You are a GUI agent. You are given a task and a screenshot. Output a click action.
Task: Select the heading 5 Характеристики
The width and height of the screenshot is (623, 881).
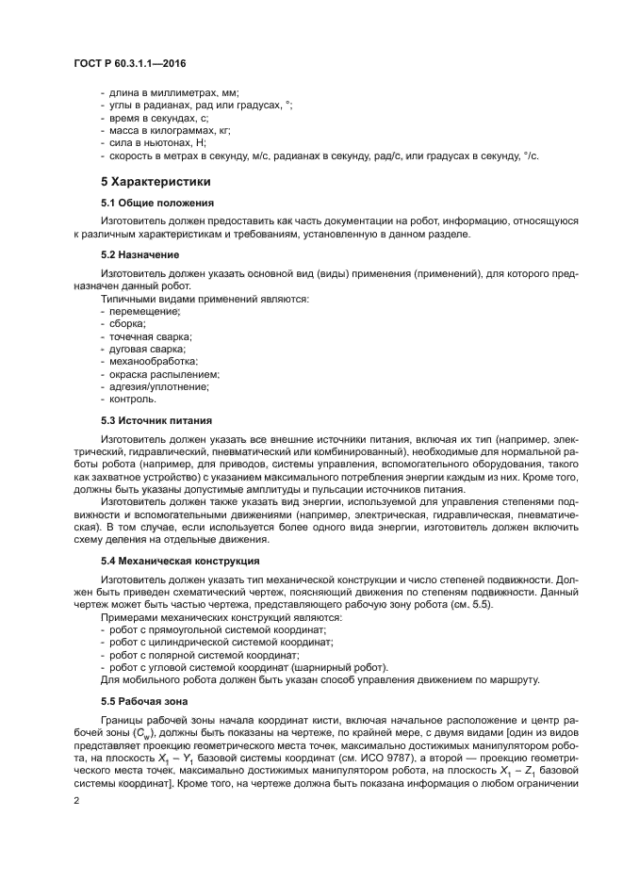coord(156,181)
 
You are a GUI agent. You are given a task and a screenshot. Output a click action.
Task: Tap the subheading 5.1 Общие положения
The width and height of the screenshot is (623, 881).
coord(157,203)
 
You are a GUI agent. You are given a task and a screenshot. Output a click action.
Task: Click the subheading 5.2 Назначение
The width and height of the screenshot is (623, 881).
coord(139,254)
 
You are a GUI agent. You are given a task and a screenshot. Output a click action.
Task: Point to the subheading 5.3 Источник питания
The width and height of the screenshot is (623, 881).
coord(156,420)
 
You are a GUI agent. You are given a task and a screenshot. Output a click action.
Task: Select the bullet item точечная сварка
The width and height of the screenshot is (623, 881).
coord(151,336)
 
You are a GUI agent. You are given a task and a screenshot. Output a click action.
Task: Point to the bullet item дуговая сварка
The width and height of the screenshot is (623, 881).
coord(148,349)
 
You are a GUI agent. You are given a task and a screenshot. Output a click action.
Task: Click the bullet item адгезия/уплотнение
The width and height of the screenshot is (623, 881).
coord(159,385)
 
